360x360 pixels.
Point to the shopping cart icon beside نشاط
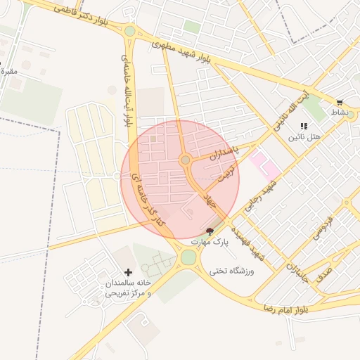click(340, 103)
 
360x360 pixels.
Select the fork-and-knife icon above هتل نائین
click(303, 125)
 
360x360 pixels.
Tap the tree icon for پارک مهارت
click(209, 231)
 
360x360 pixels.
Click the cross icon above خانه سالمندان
click(128, 272)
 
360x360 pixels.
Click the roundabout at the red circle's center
click(186, 161)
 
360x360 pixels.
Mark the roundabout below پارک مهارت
click(188, 257)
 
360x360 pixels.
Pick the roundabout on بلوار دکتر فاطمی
click(129, 31)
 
